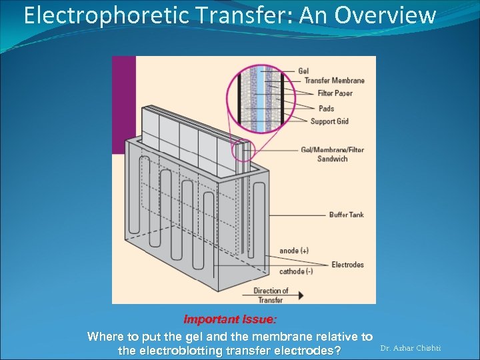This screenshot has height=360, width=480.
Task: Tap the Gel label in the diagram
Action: pos(303,71)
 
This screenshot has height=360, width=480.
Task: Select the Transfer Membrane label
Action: pos(334,81)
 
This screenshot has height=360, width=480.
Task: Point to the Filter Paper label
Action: pos(335,93)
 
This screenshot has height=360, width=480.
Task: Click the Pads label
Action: pos(326,109)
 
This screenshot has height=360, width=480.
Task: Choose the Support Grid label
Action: pos(329,121)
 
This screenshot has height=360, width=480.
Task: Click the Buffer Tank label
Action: pos(346,215)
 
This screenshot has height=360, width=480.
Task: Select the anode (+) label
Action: pos(294,251)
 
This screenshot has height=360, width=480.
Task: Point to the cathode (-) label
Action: pos(296,271)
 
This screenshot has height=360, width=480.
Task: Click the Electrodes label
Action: pos(347,265)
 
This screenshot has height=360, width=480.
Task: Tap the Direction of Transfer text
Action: pos(270,295)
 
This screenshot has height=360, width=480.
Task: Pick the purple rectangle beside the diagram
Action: pos(123,103)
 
